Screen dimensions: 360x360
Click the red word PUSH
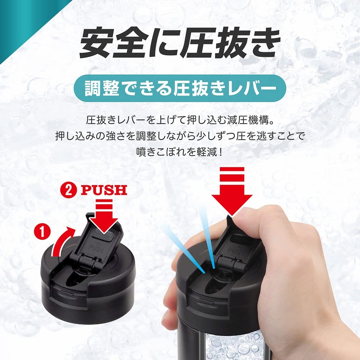pyautogui.click(x=104, y=190)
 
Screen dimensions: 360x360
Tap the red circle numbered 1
pyautogui.click(x=42, y=232)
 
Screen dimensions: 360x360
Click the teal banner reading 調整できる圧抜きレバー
pyautogui.click(x=180, y=88)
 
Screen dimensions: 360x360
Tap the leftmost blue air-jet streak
pyautogui.click(x=184, y=249)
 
